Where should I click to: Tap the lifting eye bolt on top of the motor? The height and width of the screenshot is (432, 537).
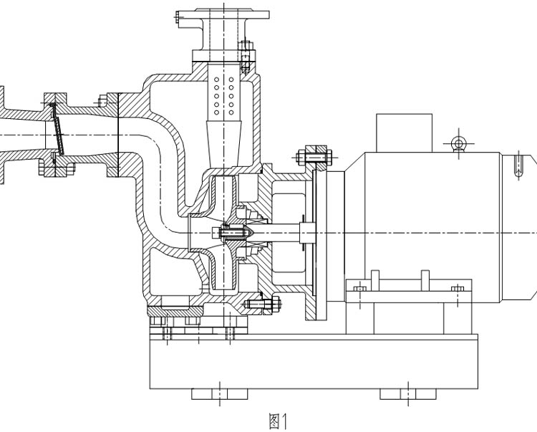[458, 144]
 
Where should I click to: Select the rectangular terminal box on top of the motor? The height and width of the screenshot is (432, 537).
[405, 132]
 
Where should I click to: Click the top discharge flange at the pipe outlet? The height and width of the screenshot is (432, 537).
[223, 13]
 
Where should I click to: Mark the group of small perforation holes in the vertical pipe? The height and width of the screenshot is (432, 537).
[223, 92]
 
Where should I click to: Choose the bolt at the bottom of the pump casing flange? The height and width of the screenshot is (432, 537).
[259, 304]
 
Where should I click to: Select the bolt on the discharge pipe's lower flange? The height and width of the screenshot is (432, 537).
[246, 52]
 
